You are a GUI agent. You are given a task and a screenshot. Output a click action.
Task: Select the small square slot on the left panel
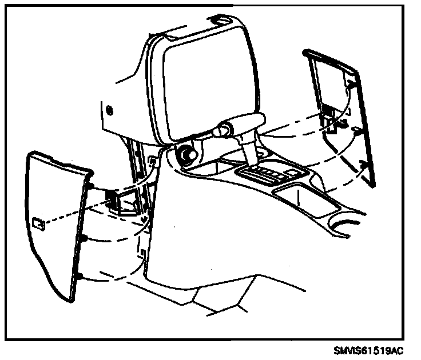(x=39, y=223)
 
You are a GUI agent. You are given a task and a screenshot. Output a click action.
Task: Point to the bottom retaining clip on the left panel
(x=79, y=277)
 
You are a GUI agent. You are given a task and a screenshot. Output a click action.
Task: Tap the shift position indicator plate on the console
(x=269, y=174)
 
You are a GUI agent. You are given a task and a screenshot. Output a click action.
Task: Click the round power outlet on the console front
(x=186, y=155)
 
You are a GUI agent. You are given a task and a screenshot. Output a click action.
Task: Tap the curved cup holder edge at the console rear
(x=343, y=220)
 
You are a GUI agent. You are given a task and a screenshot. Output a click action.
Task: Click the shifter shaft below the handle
(x=249, y=151)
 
